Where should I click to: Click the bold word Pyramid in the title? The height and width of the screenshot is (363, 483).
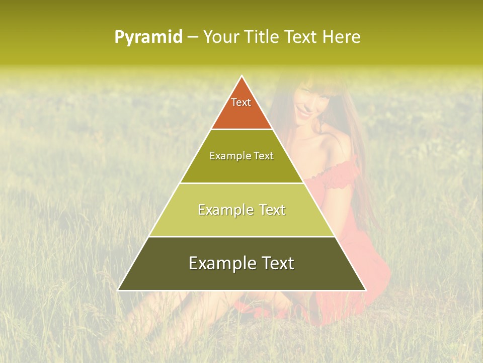point(148,37)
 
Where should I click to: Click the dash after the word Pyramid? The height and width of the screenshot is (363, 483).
point(193,37)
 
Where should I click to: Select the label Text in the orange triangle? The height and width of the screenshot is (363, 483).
point(241,102)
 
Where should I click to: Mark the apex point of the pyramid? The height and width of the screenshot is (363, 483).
point(242,76)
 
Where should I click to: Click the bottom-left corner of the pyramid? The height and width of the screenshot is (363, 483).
point(119,290)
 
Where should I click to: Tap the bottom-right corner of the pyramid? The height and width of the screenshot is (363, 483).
point(365,290)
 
